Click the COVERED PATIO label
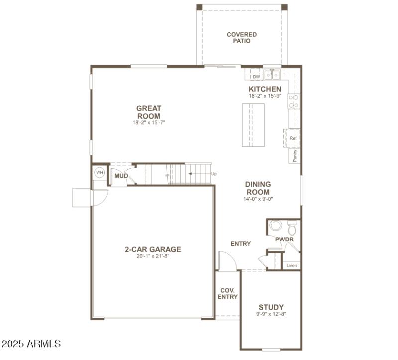(x=242, y=38)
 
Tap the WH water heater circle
(x=99, y=173)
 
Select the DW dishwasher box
(x=256, y=77)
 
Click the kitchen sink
(x=272, y=75)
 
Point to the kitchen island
(x=254, y=125)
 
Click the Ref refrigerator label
(x=293, y=138)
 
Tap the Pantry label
(x=295, y=156)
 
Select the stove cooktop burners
(x=294, y=101)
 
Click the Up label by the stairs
(x=214, y=174)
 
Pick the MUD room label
(x=121, y=176)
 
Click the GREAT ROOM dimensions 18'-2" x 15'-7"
(x=149, y=122)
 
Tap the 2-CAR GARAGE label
(x=153, y=249)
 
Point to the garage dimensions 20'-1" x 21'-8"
(x=153, y=257)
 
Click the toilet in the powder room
(x=292, y=229)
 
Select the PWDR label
(x=284, y=240)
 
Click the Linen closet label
(x=292, y=265)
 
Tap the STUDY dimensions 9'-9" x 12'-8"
(x=271, y=314)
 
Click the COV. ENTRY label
(x=227, y=293)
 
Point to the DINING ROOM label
(x=258, y=188)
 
